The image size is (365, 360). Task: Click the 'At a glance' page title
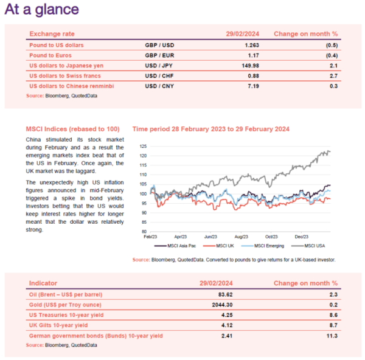41,9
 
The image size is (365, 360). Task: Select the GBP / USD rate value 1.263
252,45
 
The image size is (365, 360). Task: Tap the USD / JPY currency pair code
159,66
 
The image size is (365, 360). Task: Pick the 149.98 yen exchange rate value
250,66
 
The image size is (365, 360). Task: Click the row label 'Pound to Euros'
50,55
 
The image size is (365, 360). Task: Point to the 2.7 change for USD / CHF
333,76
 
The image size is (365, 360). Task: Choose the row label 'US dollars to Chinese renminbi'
71,86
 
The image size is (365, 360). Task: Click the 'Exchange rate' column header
52,34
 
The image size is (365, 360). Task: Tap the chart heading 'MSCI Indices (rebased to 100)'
72,129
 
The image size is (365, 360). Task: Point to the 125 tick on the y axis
143,147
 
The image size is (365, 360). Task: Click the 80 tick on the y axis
144,232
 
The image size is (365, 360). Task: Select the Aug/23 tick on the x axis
241,237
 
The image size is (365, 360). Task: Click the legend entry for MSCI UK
218,246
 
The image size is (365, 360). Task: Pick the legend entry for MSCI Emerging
263,246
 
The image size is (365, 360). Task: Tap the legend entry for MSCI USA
308,246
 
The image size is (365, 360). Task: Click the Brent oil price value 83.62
225,294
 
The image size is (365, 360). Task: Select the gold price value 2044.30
222,305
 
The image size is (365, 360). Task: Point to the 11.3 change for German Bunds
332,336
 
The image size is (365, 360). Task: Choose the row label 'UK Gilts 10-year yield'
58,325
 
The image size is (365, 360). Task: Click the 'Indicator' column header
43,283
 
